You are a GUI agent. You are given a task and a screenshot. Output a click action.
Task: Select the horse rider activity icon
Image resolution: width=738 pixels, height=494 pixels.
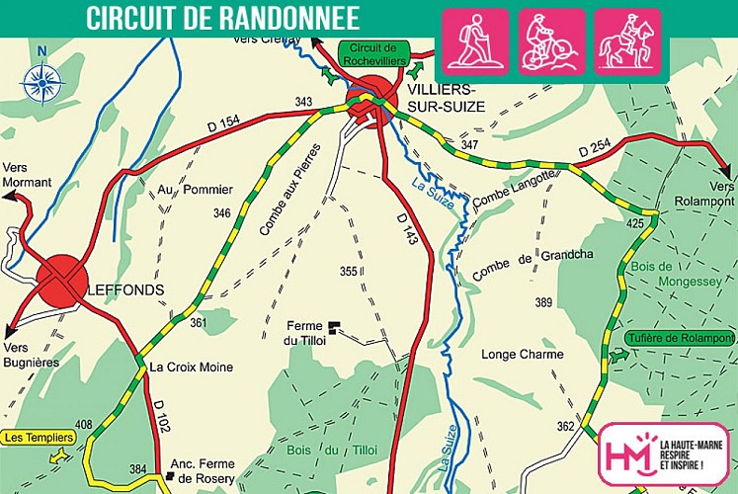[x=627, y=41]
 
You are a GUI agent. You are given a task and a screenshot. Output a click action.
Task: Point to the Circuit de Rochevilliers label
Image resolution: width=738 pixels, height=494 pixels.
[x=373, y=52]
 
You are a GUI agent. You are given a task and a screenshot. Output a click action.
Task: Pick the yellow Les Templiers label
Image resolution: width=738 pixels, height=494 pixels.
[x=39, y=437]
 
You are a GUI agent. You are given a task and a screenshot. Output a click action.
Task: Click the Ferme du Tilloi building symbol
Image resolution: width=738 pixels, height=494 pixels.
[x=334, y=324]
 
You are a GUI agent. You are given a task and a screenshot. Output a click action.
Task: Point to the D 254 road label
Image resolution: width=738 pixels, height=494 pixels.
[x=597, y=149]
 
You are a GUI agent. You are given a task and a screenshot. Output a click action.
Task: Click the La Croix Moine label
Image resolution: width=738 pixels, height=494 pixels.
[x=192, y=367]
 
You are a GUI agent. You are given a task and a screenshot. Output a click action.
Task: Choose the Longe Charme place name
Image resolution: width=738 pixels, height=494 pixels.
[x=522, y=355]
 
